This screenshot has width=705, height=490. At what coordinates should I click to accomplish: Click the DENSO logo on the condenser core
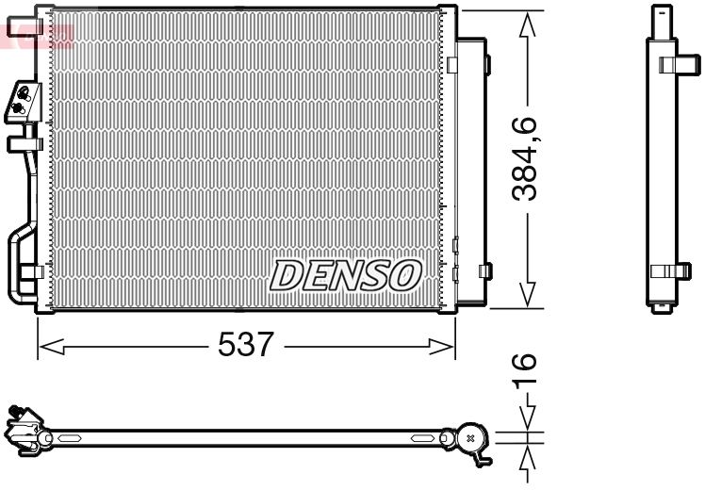345,274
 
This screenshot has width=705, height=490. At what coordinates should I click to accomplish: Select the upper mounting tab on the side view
671,65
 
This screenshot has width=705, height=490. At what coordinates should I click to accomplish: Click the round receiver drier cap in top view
470,437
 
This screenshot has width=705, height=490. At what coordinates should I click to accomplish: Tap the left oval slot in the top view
70,438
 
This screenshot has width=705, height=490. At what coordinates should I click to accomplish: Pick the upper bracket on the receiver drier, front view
486,64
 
